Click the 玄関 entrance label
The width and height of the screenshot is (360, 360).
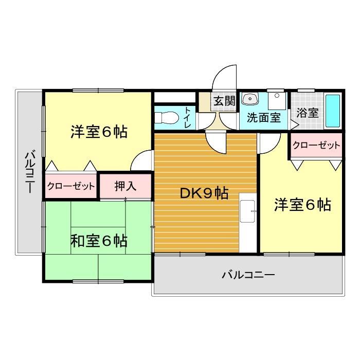(224, 101)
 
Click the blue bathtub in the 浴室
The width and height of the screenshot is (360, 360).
(333, 112)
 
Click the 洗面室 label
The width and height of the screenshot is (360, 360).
(263, 117)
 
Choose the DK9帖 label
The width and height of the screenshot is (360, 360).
(204, 193)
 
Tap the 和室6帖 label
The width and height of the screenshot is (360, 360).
(99, 240)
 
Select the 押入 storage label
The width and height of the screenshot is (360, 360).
(125, 186)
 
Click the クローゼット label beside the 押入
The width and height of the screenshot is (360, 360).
(71, 186)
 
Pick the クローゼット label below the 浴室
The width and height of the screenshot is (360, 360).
(316, 146)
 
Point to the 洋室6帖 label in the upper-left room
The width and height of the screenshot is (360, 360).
(99, 132)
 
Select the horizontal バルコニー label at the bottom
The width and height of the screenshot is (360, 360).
(248, 275)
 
